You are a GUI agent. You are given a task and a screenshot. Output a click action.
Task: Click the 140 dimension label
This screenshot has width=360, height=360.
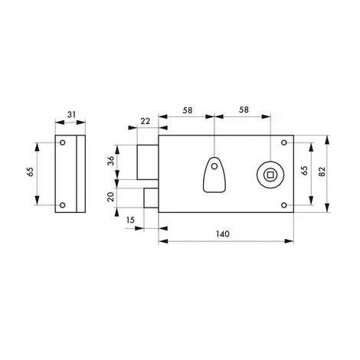(223, 234)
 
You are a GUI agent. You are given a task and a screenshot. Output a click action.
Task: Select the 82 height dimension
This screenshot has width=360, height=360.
(322, 172)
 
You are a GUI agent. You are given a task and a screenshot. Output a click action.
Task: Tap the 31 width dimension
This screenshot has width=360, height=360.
(71, 115)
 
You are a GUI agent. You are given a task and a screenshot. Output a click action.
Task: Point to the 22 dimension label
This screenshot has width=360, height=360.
(146, 121)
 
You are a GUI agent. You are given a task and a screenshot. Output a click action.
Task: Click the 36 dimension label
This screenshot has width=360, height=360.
(111, 161)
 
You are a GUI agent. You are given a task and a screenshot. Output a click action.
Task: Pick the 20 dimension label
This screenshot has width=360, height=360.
(111, 197)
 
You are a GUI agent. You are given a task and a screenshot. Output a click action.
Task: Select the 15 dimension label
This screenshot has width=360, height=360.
(130, 220)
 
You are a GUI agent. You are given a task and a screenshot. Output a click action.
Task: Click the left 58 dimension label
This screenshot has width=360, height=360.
(187, 110)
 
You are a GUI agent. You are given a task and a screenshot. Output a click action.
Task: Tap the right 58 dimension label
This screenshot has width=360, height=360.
(244, 110)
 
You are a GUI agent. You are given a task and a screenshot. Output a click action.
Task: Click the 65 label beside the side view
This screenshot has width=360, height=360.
(30, 172)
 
